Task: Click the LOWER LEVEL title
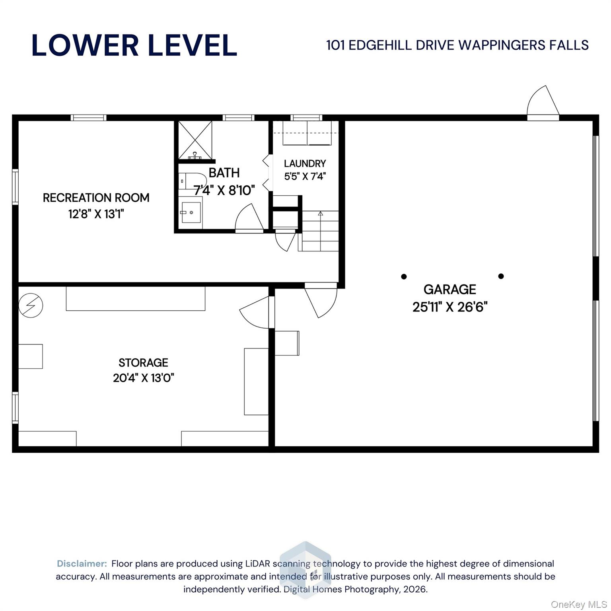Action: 134,45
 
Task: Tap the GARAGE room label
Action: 449,289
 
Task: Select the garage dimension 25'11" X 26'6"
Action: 450,307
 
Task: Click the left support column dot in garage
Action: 404,276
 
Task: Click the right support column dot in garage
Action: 501,276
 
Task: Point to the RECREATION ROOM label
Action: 96,198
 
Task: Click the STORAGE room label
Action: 143,362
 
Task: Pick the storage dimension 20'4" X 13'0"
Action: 144,377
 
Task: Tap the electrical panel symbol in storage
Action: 31,305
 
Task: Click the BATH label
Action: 224,173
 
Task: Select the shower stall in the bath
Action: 195,140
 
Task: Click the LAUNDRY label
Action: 305,163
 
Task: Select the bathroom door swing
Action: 249,217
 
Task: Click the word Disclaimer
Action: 82,564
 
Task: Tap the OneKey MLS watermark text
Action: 579,605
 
